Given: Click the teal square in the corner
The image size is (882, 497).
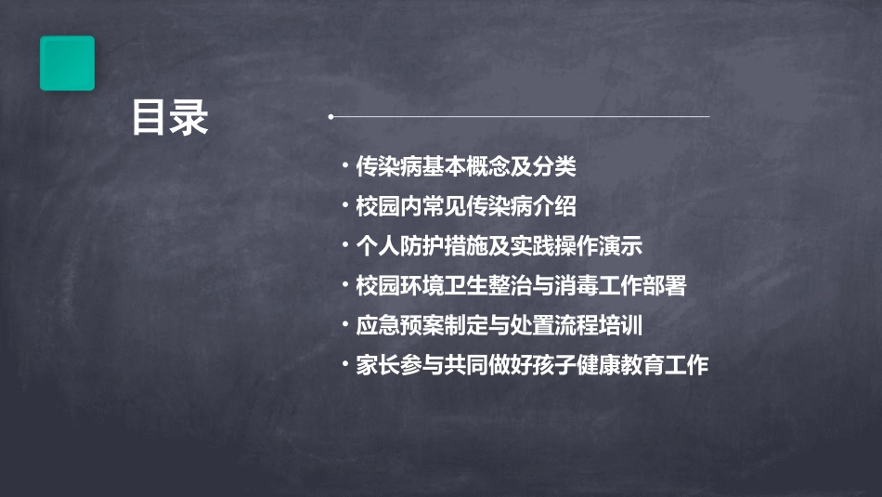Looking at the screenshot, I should coord(67,63).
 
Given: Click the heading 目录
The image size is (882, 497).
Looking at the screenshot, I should coord(170,119).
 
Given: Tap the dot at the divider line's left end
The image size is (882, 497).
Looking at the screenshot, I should coord(331,117).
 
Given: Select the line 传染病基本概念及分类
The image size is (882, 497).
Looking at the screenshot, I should coord(466,167).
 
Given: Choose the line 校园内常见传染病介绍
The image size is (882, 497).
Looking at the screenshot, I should coord(466,206).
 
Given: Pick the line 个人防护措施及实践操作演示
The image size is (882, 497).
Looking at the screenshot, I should coord(499,246).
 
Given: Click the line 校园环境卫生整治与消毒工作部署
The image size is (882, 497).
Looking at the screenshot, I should coord(521,286).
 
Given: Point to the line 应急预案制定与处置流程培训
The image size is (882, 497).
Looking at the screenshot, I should coord(499,326).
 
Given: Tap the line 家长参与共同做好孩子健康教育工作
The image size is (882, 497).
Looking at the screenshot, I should coord(532,366).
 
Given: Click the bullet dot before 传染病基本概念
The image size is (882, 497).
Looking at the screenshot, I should coord(344,167).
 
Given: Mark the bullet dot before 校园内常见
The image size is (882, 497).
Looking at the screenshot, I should coord(344,206).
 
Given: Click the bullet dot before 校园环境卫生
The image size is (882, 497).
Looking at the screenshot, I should coord(344,286).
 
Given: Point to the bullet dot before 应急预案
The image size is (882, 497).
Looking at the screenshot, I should coord(344,326).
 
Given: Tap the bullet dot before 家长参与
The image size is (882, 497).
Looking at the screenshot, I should coord(344,366).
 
